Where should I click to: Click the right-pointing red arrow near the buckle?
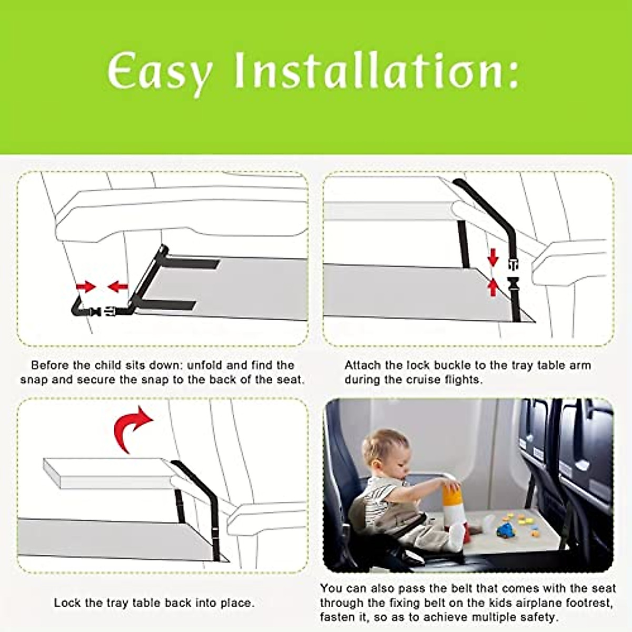[85, 287]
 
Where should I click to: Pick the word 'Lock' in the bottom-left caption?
[66, 603]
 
